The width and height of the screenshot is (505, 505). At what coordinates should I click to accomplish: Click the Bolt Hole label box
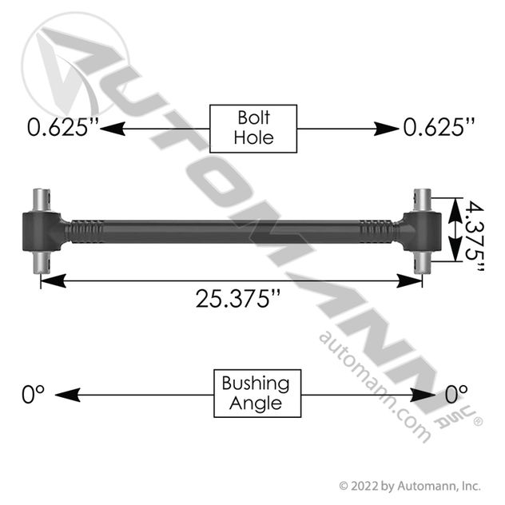click(x=253, y=129)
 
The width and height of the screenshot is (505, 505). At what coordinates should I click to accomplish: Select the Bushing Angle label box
click(x=257, y=393)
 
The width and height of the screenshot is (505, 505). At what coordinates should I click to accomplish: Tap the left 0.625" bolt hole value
click(x=62, y=127)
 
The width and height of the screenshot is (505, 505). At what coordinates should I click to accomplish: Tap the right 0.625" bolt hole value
click(x=439, y=127)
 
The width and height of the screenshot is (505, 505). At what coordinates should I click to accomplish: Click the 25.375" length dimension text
click(x=238, y=299)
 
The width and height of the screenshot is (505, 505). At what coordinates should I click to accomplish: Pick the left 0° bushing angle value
click(x=33, y=394)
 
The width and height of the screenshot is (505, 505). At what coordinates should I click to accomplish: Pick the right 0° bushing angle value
click(x=456, y=394)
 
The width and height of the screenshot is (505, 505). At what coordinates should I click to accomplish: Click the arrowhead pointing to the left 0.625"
click(x=113, y=129)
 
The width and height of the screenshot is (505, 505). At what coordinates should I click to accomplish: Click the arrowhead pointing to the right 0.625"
click(x=386, y=129)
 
